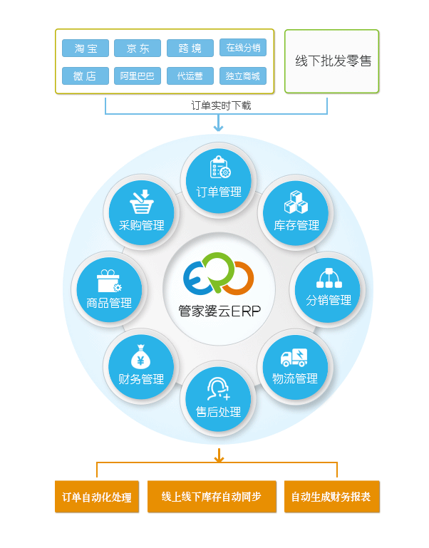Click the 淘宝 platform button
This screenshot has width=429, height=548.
pyautogui.click(x=86, y=48)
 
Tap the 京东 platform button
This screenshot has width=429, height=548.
pyautogui.click(x=138, y=48)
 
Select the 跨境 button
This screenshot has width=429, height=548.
pyautogui.click(x=190, y=48)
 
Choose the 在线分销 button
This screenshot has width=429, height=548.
pyautogui.click(x=242, y=48)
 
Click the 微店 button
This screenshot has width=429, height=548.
pyautogui.click(x=86, y=76)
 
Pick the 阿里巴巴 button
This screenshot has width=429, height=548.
pyautogui.click(x=138, y=76)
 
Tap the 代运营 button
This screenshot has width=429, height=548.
pyautogui.click(x=190, y=76)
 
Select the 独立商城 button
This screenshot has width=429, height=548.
pyautogui.click(x=242, y=76)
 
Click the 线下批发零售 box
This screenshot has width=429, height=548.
pyautogui.click(x=332, y=62)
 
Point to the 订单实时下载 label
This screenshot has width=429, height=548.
pyautogui.click(x=220, y=105)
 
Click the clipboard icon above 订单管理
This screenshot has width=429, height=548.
pyautogui.click(x=219, y=167)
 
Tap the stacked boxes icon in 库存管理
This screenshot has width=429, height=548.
pyautogui.click(x=295, y=202)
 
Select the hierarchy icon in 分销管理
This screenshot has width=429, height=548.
pyautogui.click(x=329, y=277)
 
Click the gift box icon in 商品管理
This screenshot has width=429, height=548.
pyautogui.click(x=109, y=279)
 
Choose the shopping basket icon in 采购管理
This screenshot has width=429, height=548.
pyautogui.click(x=141, y=202)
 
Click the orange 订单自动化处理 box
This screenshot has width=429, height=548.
pyautogui.click(x=96, y=497)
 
